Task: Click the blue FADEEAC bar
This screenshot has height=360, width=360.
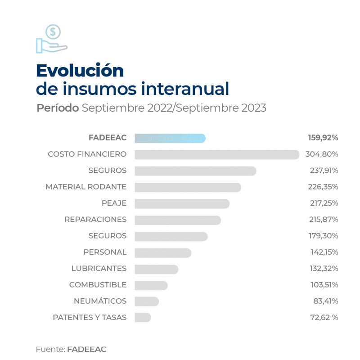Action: [x=170, y=138]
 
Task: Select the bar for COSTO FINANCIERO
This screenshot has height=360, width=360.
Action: [x=217, y=154]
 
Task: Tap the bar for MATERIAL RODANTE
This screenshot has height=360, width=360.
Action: [x=188, y=187]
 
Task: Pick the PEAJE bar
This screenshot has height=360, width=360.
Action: [x=182, y=203]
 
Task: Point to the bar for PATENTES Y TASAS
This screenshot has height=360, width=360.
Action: [x=143, y=317]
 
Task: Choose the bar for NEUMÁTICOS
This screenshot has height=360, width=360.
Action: [x=147, y=301]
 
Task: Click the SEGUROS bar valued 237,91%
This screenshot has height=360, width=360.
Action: [x=195, y=171]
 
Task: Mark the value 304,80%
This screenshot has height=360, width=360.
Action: [x=321, y=154]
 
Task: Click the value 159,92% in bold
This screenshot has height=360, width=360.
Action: [x=321, y=138]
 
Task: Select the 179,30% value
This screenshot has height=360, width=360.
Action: [x=321, y=236]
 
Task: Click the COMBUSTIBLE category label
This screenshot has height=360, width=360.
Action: [x=98, y=285]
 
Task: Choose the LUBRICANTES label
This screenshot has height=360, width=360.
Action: [x=99, y=269]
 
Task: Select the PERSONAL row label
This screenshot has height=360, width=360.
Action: [x=105, y=252]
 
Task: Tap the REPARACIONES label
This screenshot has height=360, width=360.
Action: [x=95, y=220]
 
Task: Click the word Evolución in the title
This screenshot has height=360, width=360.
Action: [x=80, y=71]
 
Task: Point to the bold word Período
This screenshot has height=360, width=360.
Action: [x=58, y=108]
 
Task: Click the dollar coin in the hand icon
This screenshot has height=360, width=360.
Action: [x=54, y=32]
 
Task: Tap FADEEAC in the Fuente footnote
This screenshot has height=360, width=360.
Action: [x=86, y=349]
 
